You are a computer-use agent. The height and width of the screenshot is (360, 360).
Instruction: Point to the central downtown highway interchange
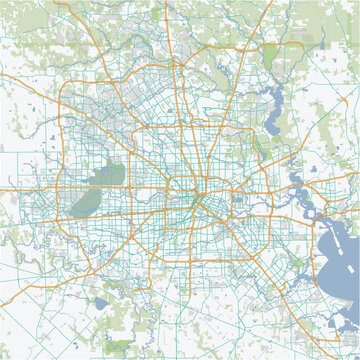click(x=196, y=189)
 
